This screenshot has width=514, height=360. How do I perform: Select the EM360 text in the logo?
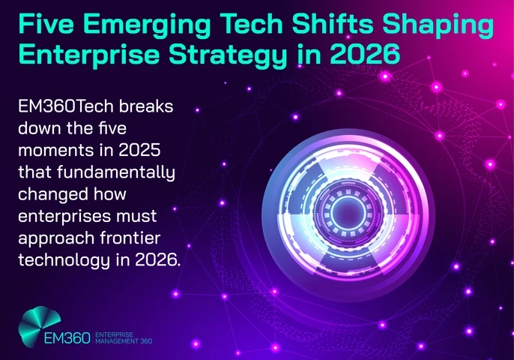click(65, 337)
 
